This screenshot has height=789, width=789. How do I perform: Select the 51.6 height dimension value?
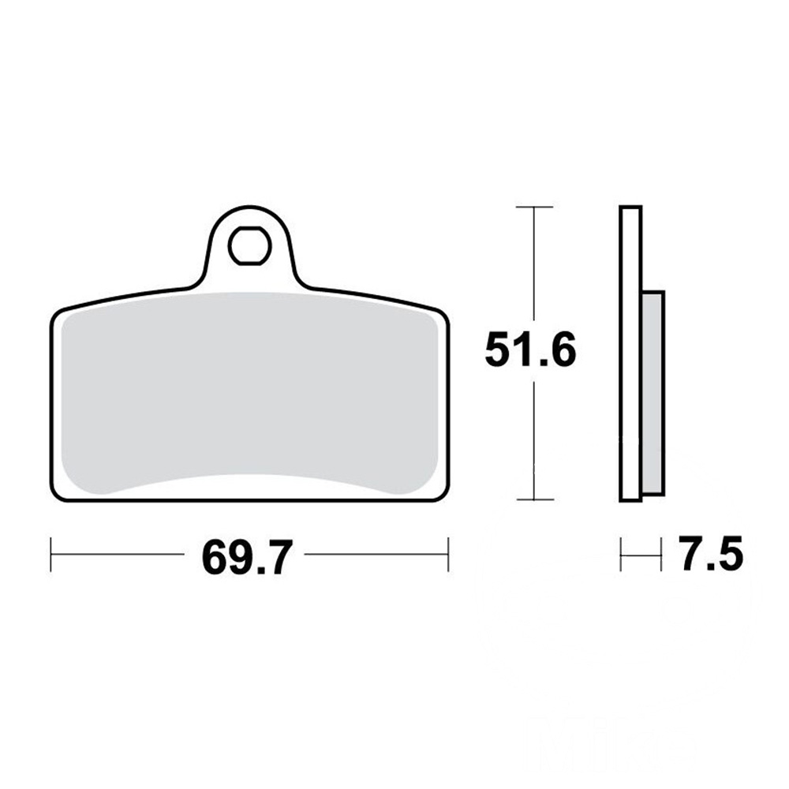[530, 350]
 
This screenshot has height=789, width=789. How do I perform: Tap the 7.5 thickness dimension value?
[710, 553]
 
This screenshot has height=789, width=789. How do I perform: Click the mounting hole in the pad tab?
[250, 246]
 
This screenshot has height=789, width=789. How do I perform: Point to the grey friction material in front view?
[248, 392]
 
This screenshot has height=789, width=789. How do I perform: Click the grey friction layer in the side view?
[653, 392]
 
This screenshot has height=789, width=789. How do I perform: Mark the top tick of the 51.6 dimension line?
[534, 207]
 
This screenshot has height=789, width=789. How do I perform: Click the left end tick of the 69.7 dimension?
[51, 554]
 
